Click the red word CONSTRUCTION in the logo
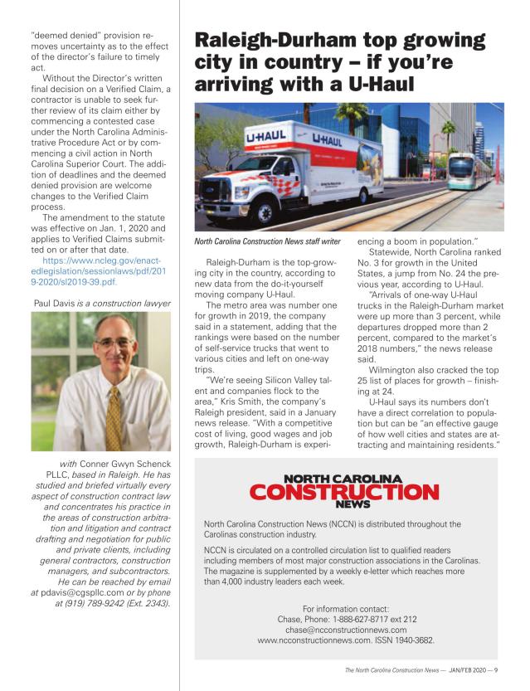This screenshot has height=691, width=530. point(344,492)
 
